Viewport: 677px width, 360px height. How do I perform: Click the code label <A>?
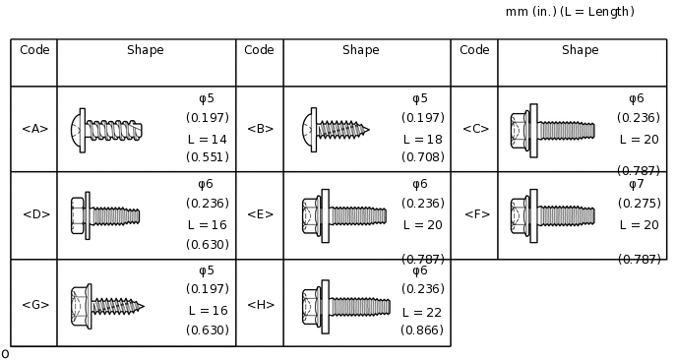point(35,129)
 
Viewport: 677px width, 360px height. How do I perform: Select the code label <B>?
point(261,129)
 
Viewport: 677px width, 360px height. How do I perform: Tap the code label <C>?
point(475,129)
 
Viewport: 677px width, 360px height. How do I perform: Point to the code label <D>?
point(36,214)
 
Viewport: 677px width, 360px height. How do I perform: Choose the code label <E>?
point(261,214)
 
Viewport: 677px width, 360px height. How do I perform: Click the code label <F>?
point(477,214)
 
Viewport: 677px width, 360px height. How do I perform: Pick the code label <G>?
point(35,305)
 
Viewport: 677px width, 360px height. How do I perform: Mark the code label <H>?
point(261,305)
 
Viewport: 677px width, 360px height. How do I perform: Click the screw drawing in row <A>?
point(106,130)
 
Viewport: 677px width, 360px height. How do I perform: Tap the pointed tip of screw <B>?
point(369,129)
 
